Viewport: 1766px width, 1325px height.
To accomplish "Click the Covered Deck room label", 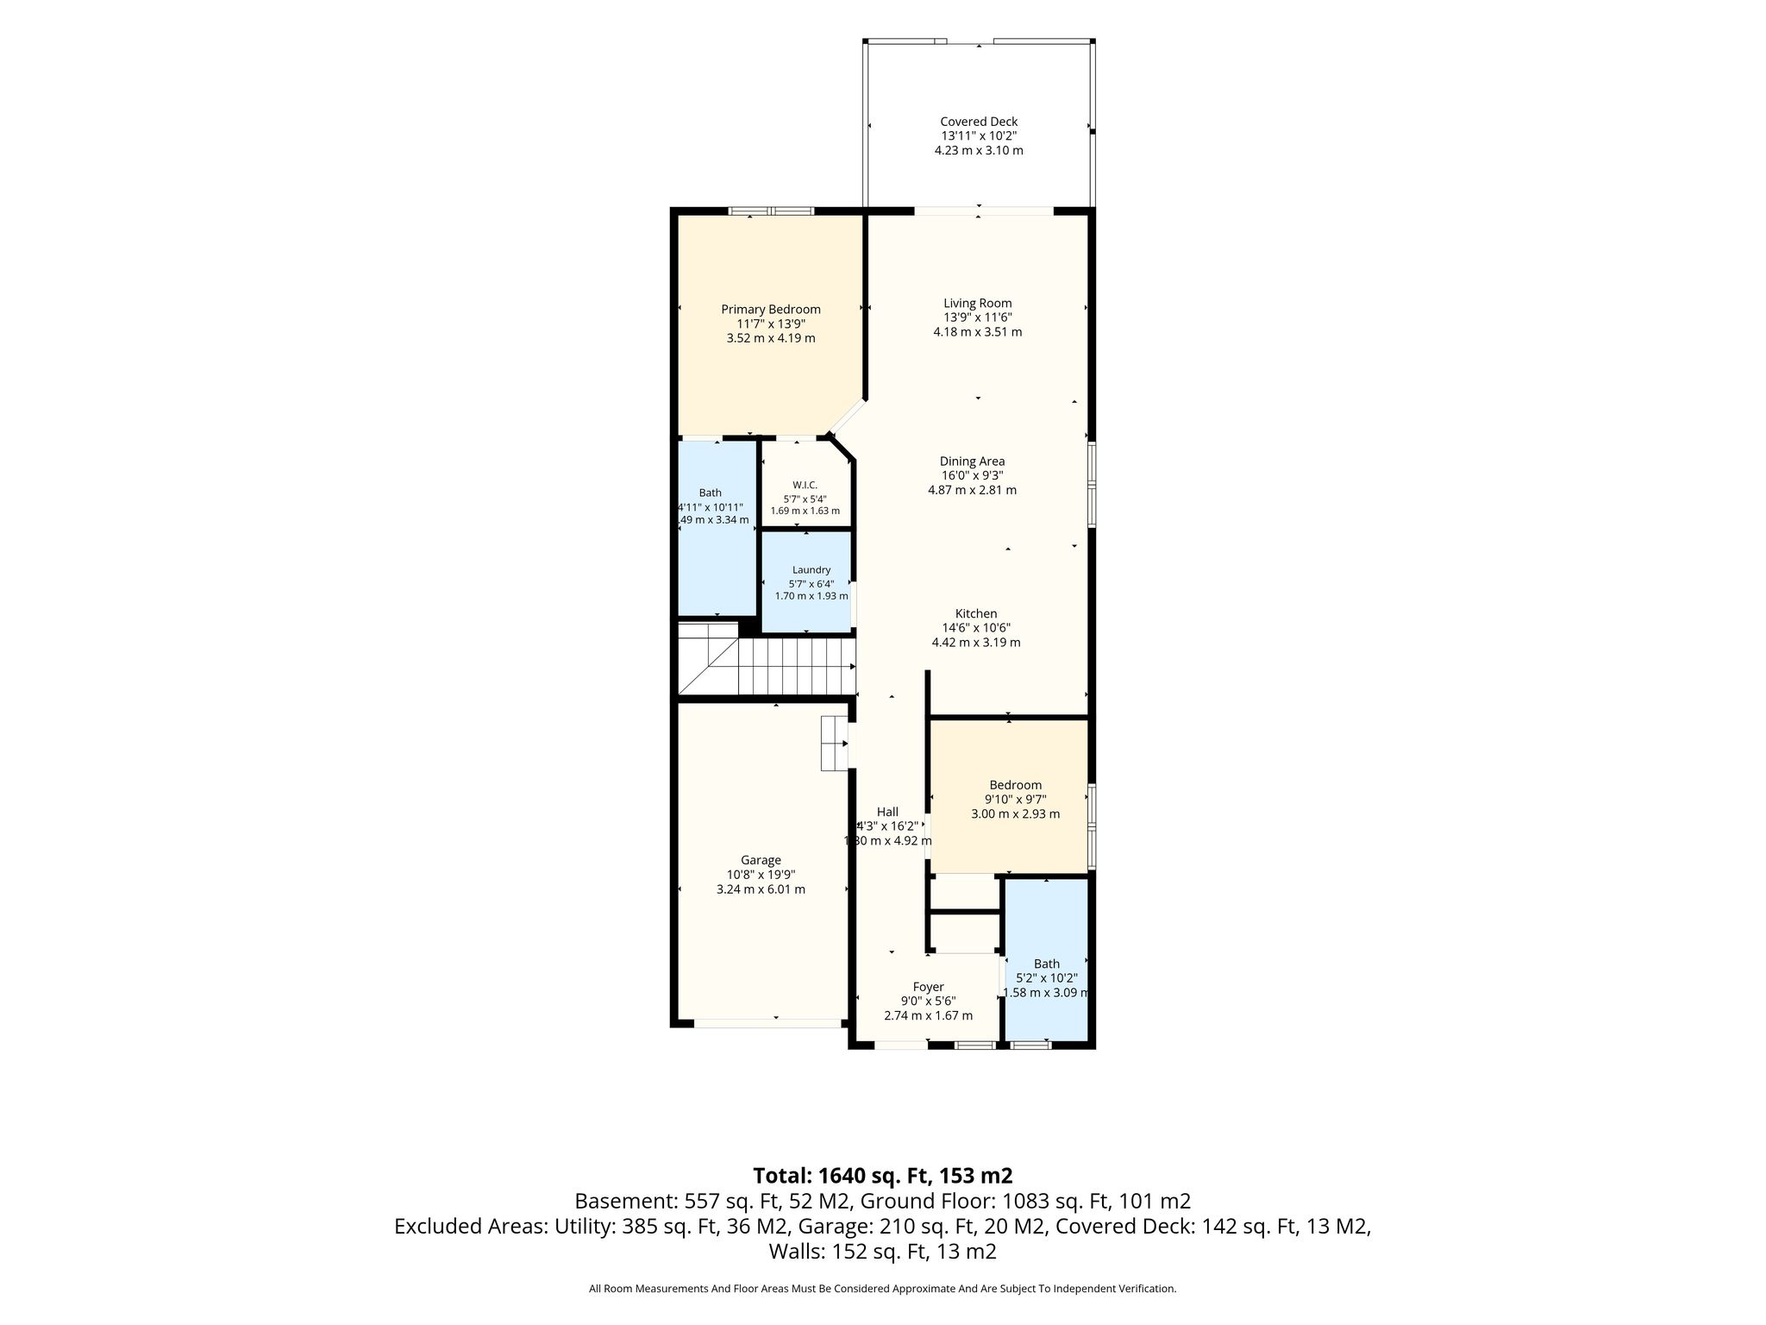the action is tap(979, 122).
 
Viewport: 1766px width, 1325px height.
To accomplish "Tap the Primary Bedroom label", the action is tap(771, 309).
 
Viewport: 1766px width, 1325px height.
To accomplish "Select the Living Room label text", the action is tap(978, 303).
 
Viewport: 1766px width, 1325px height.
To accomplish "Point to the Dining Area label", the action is tap(972, 462).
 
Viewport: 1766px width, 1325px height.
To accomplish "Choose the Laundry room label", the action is tap(811, 570).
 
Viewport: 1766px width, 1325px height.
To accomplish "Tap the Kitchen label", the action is tap(976, 613).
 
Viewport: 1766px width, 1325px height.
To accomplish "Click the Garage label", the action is tap(761, 860).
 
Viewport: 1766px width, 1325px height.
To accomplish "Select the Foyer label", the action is tap(929, 987).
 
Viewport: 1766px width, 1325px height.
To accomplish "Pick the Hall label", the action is tap(887, 812).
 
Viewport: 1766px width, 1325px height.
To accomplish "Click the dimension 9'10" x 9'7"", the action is tap(1016, 800).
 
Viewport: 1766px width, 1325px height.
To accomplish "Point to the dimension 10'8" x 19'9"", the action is tap(761, 875).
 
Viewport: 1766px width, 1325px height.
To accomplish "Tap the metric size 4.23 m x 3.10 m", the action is tap(979, 150).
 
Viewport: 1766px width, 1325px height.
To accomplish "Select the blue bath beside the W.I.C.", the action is tap(717, 528).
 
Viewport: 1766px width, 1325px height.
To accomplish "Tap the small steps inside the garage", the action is tap(834, 743).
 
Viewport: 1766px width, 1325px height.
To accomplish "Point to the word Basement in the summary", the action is tap(625, 1201).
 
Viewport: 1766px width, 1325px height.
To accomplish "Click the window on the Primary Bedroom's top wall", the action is tap(771, 210).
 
